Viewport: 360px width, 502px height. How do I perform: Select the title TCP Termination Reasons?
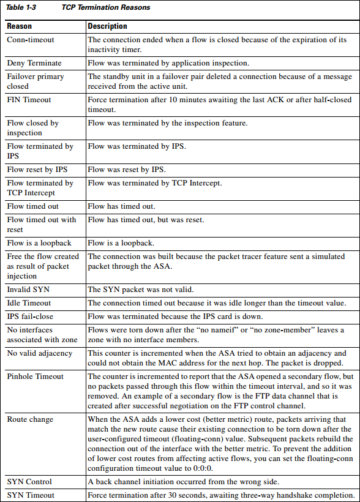pos(106,8)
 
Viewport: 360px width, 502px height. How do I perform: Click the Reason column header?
pos(20,27)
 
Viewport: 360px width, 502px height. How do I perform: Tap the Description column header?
pos(108,27)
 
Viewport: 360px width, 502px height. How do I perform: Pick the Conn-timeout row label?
pos(31,40)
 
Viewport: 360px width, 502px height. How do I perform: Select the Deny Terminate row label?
pos(34,63)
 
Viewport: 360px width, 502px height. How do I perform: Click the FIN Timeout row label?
pos(29,99)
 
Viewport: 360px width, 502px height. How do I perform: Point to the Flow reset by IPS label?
pos(37,170)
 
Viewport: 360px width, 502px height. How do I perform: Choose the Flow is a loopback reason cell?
pos(39,243)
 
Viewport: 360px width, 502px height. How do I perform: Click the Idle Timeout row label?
pos(29,303)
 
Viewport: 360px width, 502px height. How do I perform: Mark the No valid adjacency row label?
pos(40,353)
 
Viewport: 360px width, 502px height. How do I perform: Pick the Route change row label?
pos(30,419)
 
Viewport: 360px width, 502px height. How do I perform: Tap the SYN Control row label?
pos(29,482)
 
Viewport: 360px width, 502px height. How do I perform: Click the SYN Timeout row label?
pos(31,495)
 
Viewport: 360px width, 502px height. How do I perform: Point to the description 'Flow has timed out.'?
pos(122,206)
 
